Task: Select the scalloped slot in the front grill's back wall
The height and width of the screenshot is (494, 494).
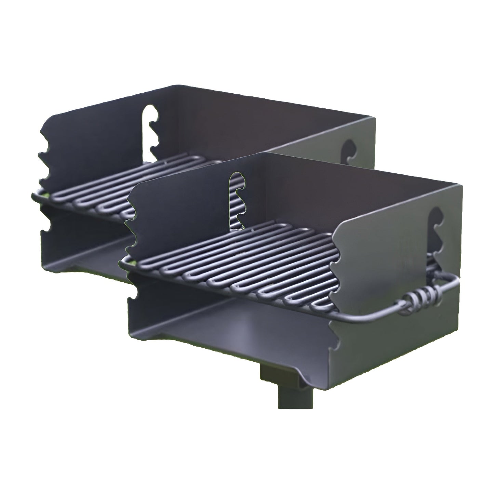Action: (236, 200)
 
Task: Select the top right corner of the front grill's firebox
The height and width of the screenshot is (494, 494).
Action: (461, 187)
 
